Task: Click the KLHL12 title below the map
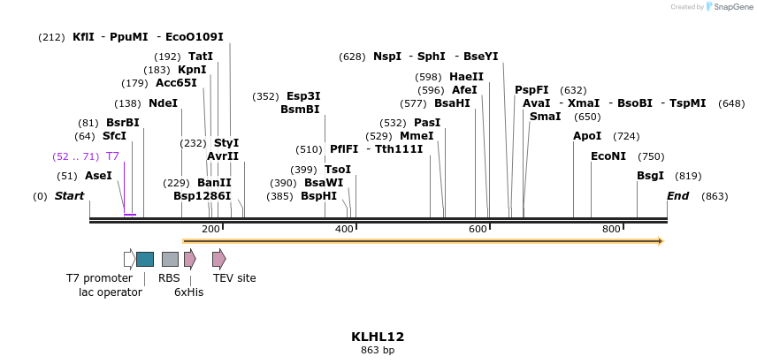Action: click(378, 337)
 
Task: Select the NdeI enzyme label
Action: click(163, 103)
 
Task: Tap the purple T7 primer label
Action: click(112, 156)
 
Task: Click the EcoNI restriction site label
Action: click(608, 156)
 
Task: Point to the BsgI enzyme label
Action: click(650, 176)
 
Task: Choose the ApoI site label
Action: click(587, 136)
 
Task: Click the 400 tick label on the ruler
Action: click(344, 230)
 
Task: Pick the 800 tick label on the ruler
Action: click(611, 230)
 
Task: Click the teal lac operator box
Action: click(145, 259)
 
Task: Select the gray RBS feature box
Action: click(170, 259)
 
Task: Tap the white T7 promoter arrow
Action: click(129, 259)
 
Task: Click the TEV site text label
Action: click(234, 278)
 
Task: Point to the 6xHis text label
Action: click(188, 292)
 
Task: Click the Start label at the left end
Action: click(70, 196)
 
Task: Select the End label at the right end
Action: click(677, 196)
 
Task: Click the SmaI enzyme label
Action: click(545, 117)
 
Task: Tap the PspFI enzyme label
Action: click(531, 90)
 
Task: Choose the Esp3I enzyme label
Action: click(303, 96)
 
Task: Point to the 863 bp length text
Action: click(378, 351)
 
